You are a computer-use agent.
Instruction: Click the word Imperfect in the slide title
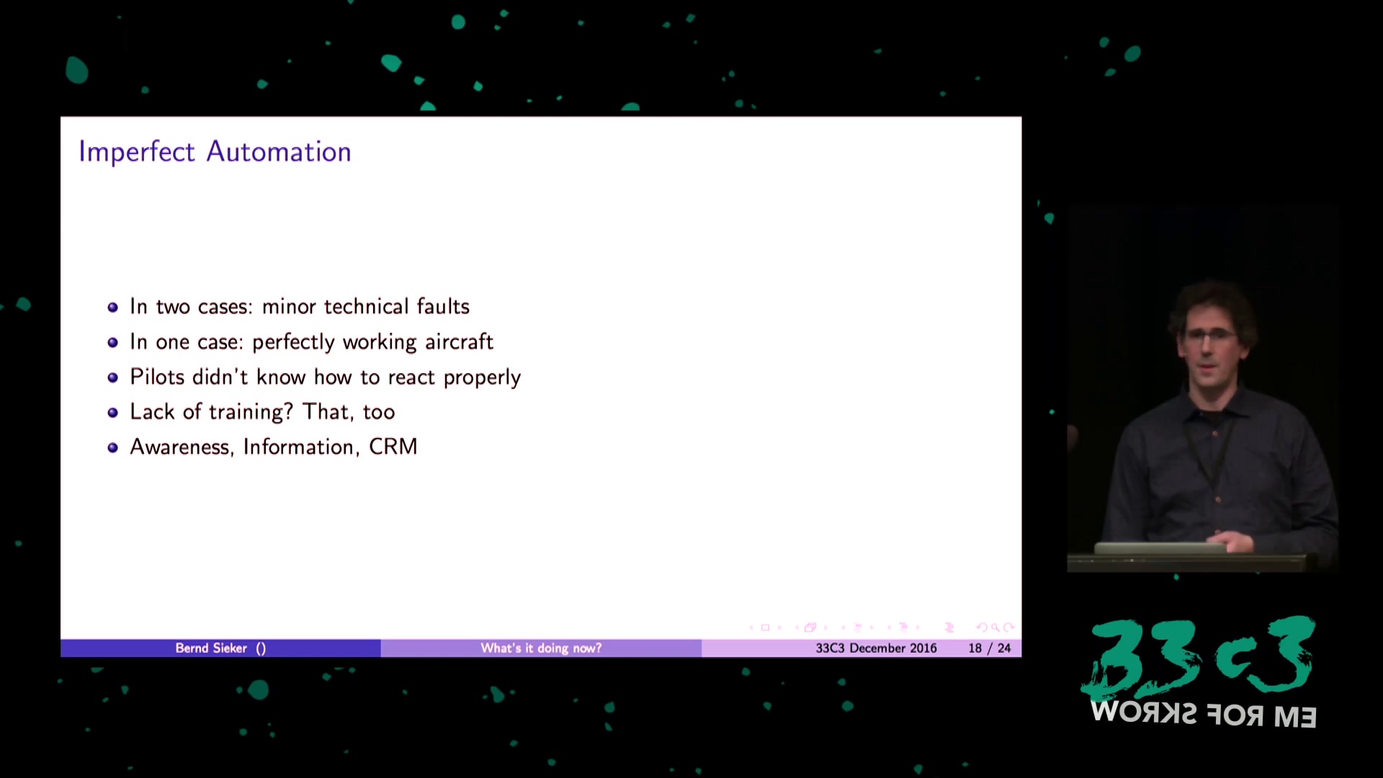pos(137,153)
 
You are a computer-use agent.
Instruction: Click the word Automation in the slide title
pos(279,152)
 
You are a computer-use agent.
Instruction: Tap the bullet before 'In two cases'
pos(112,308)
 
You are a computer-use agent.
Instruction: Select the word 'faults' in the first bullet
pos(443,306)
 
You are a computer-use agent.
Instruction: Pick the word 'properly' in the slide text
pos(482,378)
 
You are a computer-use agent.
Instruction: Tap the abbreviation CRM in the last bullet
pos(393,447)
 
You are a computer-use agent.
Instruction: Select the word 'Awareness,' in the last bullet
pos(182,447)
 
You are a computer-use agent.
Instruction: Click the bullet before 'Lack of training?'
pos(112,413)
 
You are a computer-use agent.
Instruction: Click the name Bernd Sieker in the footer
pos(211,648)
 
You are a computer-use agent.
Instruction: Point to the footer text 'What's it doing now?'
pos(541,648)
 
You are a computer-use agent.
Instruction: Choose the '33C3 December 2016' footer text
pos(876,648)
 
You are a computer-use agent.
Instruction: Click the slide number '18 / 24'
pos(990,648)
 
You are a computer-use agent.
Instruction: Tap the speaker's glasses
pos(1209,335)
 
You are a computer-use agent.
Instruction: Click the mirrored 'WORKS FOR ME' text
pos(1204,715)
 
